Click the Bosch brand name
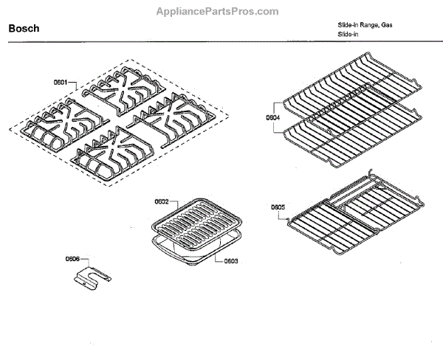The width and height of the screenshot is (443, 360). click(24, 29)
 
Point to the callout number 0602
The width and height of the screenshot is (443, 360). click(162, 201)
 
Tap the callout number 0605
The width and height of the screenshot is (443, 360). click(278, 207)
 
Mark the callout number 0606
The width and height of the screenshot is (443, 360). click(72, 259)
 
